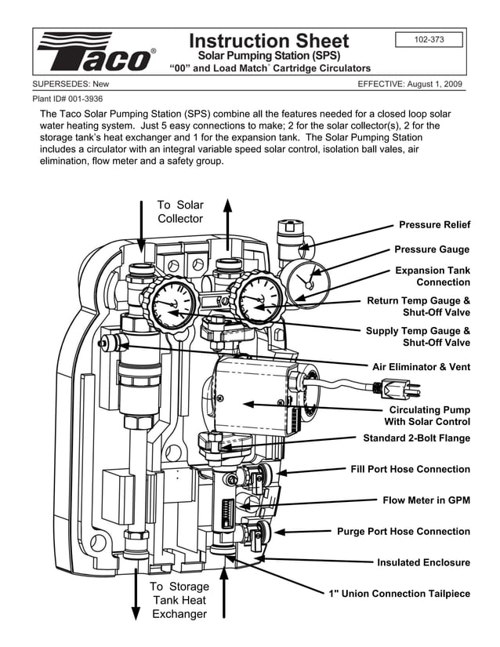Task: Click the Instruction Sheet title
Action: [269, 41]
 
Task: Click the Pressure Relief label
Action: [434, 225]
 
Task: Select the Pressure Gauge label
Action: [432, 249]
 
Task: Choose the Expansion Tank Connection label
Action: [433, 276]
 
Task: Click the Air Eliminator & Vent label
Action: [421, 366]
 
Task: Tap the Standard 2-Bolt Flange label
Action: [416, 438]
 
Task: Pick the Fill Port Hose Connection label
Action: [410, 469]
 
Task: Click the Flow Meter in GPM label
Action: [426, 500]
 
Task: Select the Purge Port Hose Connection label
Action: [404, 531]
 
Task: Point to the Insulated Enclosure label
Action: [423, 562]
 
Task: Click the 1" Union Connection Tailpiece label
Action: [399, 594]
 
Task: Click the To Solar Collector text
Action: [180, 212]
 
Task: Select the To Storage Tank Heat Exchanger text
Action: [179, 600]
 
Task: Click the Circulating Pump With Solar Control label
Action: [427, 416]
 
